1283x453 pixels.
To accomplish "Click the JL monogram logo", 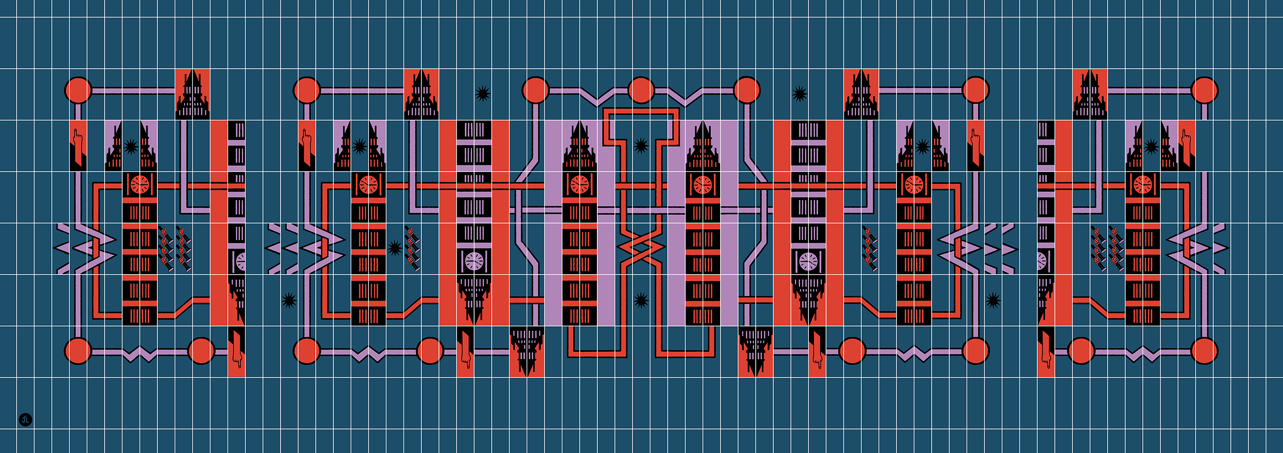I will pos(26,419).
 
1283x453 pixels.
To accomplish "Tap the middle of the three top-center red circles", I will pos(641,91).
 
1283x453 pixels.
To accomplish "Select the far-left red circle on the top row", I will pos(78,91).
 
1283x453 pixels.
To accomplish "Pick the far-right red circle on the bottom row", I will pos(1204,350).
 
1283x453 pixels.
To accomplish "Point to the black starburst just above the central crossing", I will pos(641,146).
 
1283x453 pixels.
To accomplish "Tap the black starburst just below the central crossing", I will pos(641,301).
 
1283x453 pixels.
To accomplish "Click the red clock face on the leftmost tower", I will pos(140,184).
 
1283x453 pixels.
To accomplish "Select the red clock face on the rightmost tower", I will pos(1143,184).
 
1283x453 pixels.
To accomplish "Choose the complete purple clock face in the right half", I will pos(808,261).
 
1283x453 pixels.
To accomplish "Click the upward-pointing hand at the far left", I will pos(78,143).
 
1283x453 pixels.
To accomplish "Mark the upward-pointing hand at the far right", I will pos(1186,143).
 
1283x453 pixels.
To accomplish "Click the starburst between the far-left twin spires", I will pos(131,147).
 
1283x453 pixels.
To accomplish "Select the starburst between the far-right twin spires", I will pos(1151,147).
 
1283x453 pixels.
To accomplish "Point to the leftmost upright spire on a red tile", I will pos(192,94).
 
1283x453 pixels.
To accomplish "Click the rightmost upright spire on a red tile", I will pos(1090,94).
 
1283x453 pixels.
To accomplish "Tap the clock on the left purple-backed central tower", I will pos(580,184).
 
